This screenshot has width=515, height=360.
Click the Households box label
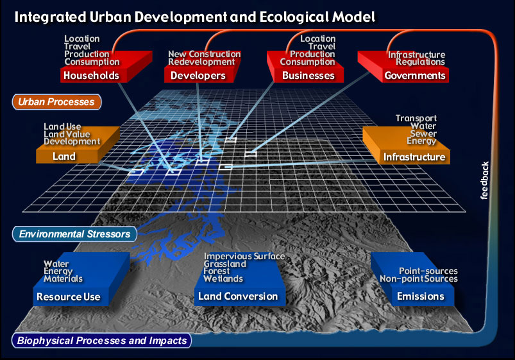tap(91, 76)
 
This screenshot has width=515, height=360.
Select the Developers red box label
tap(198, 76)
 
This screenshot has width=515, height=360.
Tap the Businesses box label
tap(308, 76)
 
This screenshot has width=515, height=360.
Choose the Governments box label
tap(415, 76)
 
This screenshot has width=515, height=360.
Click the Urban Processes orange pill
tap(56, 102)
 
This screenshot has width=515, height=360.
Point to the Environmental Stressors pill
tap(74, 234)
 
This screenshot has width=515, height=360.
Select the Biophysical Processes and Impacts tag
tap(102, 341)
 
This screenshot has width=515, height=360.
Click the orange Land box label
tap(64, 157)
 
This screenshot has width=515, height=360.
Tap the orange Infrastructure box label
tap(414, 157)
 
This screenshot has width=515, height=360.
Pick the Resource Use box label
tap(69, 297)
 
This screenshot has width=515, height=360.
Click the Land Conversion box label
tap(238, 296)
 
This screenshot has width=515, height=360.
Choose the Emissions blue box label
tap(421, 296)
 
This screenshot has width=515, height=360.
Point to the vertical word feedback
tap(484, 180)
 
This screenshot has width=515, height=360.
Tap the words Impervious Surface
tap(244, 256)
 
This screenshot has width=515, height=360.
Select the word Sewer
tap(423, 133)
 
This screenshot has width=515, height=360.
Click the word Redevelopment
tap(201, 62)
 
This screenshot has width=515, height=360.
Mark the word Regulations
tap(421, 62)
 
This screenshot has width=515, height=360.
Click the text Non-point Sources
tap(419, 279)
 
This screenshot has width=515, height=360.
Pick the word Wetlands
tap(223, 279)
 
